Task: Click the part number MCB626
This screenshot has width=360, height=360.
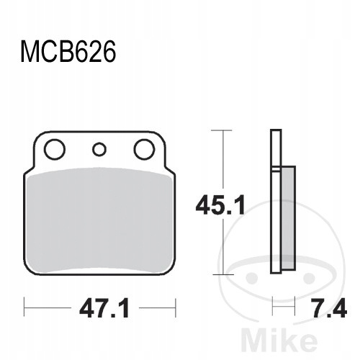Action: coord(68,51)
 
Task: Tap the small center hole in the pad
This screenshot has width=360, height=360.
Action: coord(99,150)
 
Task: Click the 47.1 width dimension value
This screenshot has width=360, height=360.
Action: coord(105,309)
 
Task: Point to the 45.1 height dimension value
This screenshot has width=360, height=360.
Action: coord(220,205)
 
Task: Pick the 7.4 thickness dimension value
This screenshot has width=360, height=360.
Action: coord(329,308)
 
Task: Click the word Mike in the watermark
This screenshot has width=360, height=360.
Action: coord(279,340)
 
